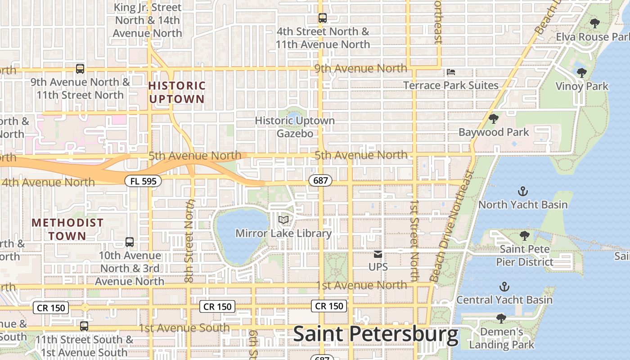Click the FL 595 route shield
tap(137, 181)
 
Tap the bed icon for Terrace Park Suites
tap(451, 72)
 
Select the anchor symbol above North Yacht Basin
tap(522, 192)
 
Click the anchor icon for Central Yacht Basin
tap(504, 287)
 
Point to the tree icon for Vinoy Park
tap(581, 73)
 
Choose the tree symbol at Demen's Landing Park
tap(501, 319)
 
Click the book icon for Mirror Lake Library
tap(283, 220)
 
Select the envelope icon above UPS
tap(378, 254)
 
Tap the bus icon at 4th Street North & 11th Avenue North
tap(322, 18)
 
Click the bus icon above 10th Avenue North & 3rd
tap(130, 242)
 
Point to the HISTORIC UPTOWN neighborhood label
tap(176, 92)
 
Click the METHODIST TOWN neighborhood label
tap(67, 229)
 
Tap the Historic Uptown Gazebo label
tap(295, 127)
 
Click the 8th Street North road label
tap(190, 241)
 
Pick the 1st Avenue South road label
tap(184, 328)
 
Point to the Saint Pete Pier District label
tap(525, 256)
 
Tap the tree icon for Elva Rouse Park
tap(594, 23)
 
